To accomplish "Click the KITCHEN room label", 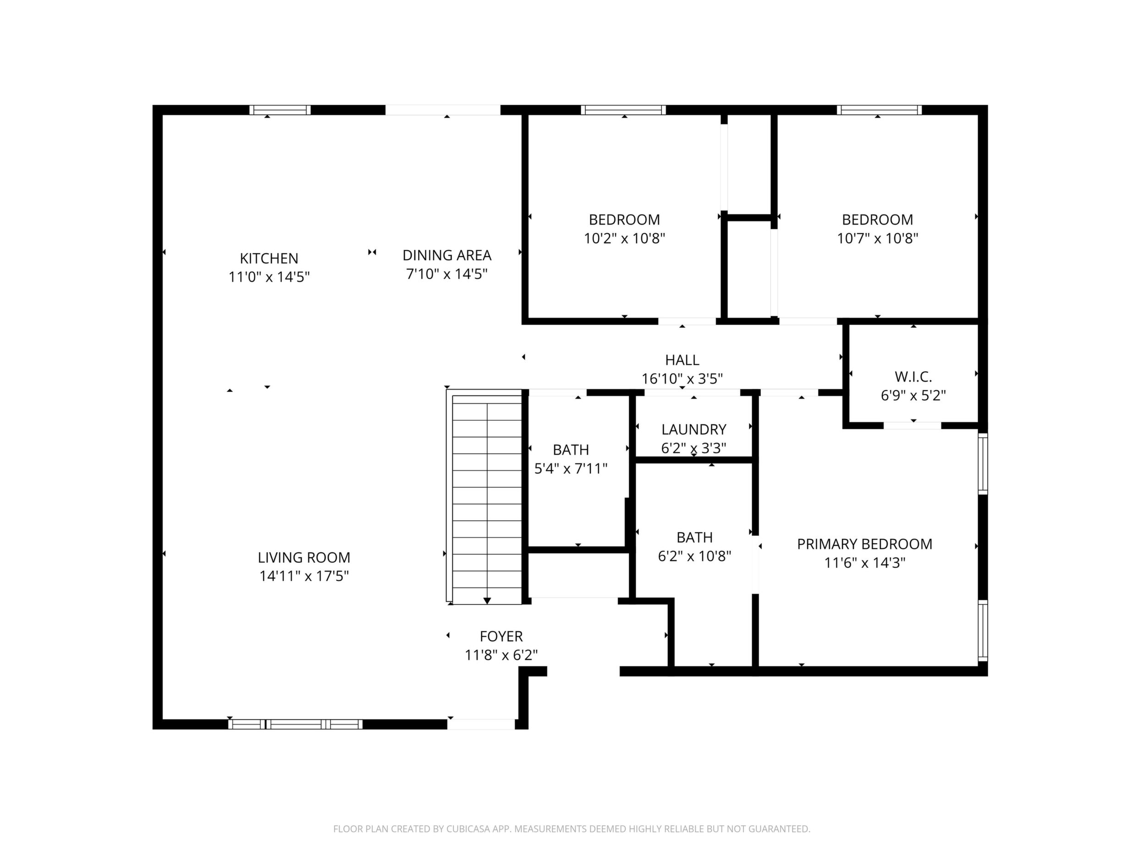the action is (x=269, y=258).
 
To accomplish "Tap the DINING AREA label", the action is (x=447, y=255).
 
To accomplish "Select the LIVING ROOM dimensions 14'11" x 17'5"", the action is (x=304, y=576).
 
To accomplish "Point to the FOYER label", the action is (x=501, y=636).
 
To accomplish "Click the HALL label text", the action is (x=682, y=360).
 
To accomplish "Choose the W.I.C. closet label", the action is (x=913, y=376).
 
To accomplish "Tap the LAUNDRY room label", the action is (x=693, y=429).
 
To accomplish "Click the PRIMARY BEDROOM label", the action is (x=865, y=544).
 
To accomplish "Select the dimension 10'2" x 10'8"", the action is (x=624, y=238).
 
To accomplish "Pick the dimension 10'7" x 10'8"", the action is (x=878, y=238).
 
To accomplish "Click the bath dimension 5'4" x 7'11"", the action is (x=571, y=468).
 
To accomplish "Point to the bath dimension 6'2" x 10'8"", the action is (x=694, y=556).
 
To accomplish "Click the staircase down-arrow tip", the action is (x=487, y=603).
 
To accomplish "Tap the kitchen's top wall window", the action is (x=280, y=110).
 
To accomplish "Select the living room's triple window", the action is (x=295, y=724).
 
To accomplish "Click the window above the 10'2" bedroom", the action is (x=623, y=110).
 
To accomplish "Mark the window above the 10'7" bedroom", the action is (x=879, y=110).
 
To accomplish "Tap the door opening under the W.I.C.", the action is (x=912, y=426).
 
